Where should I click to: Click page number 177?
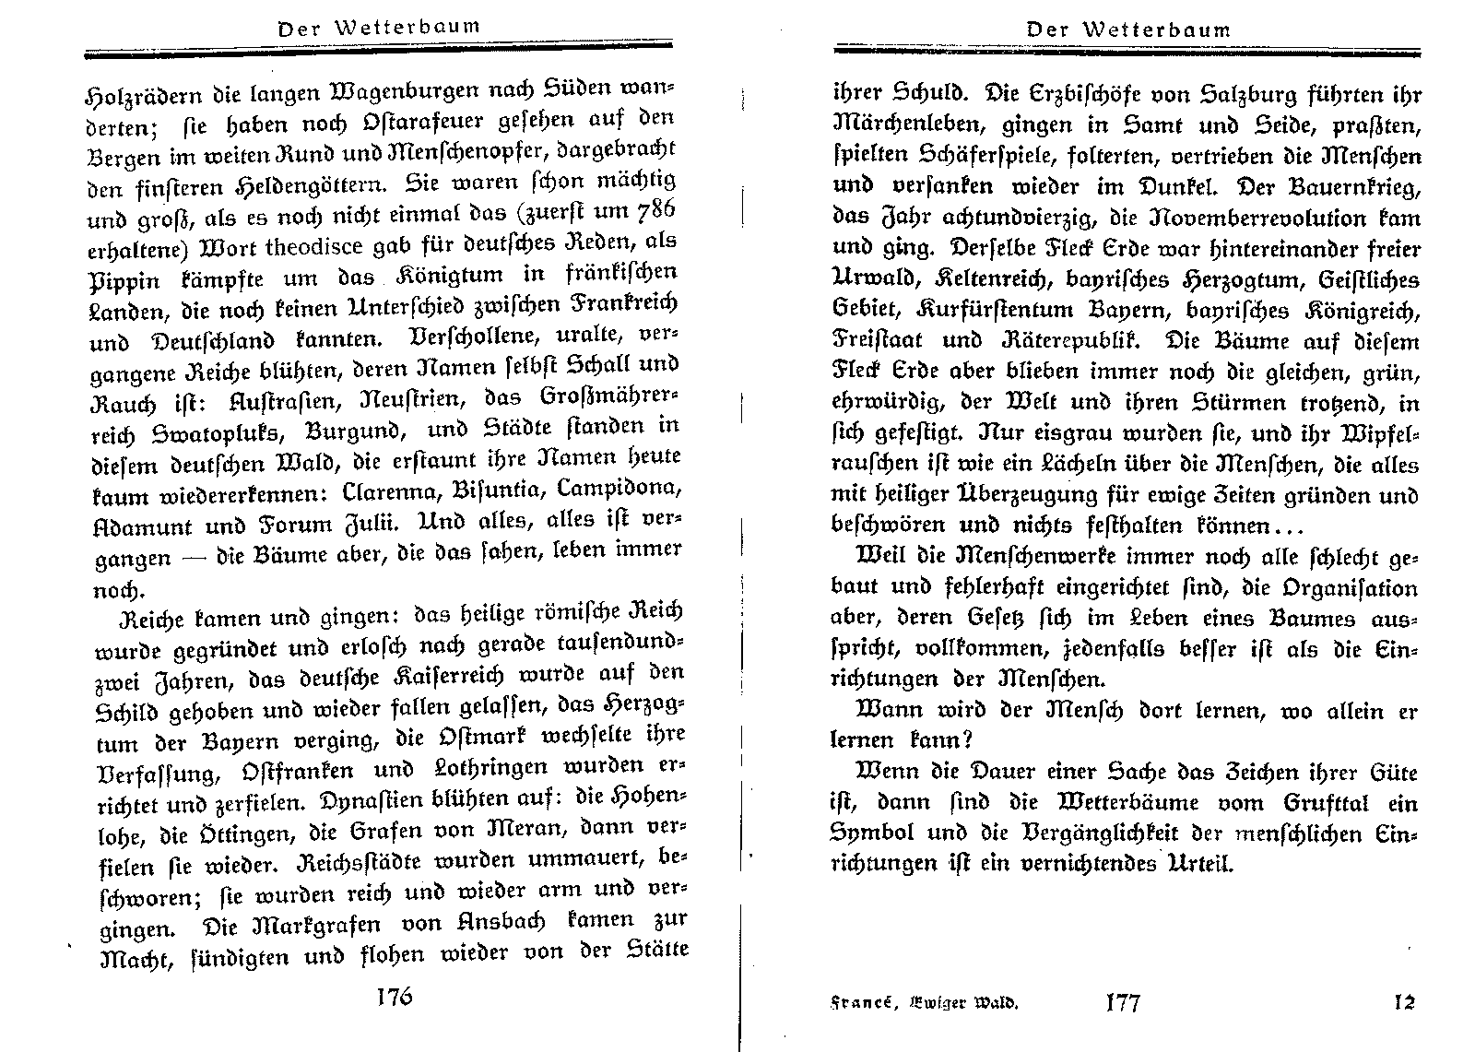[x=1123, y=1002]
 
